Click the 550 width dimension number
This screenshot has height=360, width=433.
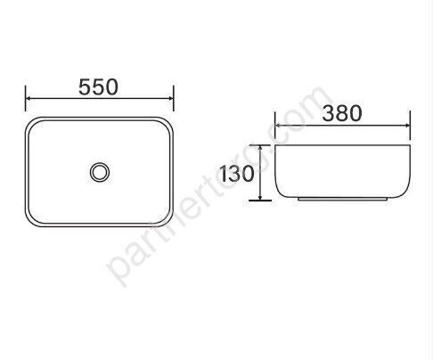99,87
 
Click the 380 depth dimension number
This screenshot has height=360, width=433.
341,113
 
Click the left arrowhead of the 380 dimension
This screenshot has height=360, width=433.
277,124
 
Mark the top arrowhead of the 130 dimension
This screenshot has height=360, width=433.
260,149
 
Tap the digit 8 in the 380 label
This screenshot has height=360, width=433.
341,113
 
